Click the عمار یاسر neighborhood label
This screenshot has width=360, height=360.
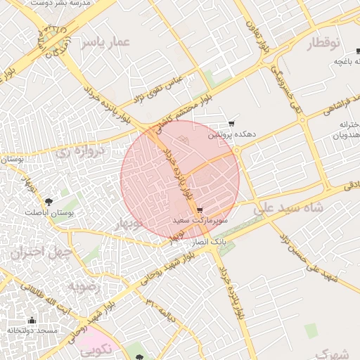(105, 42)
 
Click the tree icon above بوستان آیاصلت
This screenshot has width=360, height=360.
(49, 202)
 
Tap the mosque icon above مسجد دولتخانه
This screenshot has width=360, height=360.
(31, 320)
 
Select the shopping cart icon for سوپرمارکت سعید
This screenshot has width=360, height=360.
(200, 210)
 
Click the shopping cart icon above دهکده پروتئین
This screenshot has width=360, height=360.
(231, 123)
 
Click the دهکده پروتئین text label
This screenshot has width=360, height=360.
(231, 134)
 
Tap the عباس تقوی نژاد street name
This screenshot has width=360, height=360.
(158, 87)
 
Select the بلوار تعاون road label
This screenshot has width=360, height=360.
(257, 31)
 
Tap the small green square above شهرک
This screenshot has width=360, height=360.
(311, 330)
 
